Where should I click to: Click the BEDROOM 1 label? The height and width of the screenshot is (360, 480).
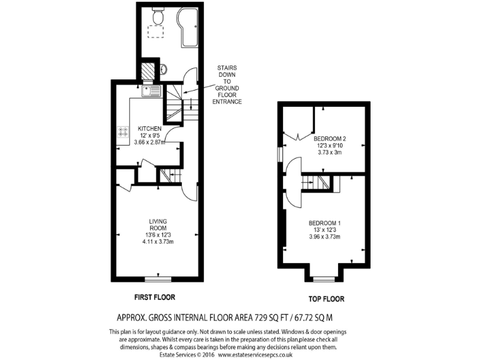point(324,223)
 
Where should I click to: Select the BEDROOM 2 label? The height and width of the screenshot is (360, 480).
point(330,139)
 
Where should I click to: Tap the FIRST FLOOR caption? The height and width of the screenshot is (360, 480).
point(154,296)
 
